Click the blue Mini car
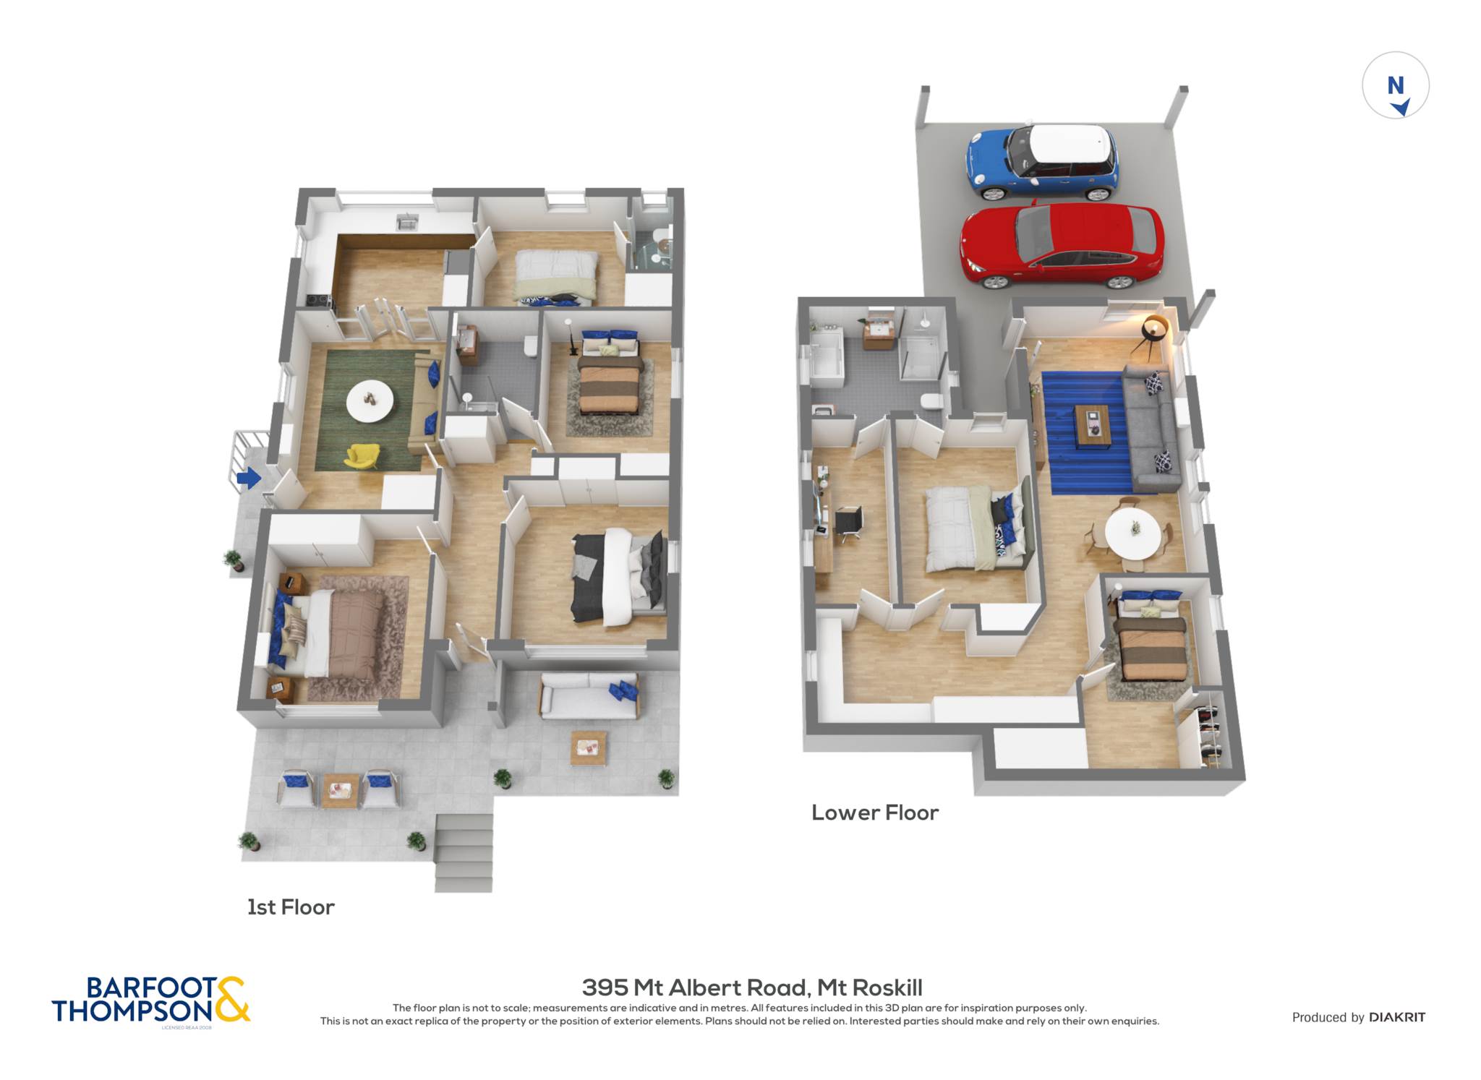[1042, 162]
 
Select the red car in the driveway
[1062, 245]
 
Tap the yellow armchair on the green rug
[362, 455]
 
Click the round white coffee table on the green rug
[370, 401]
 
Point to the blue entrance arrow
[249, 477]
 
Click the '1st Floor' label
[291, 907]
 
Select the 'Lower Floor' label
[875, 813]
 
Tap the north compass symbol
[1396, 85]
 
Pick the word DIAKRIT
[1397, 1017]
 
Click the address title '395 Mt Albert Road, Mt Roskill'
[752, 987]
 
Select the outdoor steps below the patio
[464, 853]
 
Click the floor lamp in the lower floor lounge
[1152, 334]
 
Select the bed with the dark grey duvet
[618, 576]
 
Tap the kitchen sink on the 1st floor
[408, 222]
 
